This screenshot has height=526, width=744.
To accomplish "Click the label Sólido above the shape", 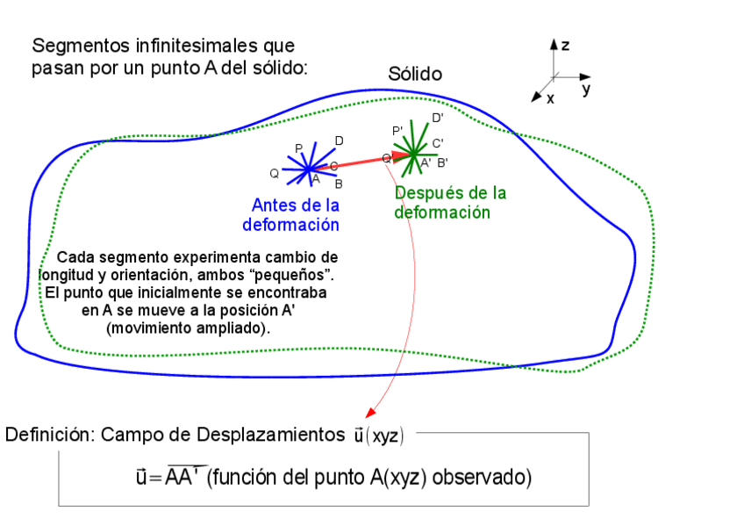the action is [415, 75].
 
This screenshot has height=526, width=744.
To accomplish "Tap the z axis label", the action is [566, 45].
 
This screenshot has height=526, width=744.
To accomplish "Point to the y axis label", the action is [585, 89].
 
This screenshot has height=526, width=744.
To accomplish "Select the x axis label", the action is [551, 99].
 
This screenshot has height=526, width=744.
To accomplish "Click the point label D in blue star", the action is [339, 141].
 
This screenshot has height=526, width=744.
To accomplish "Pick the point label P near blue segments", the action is [298, 148].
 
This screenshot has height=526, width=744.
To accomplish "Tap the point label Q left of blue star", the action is [275, 174].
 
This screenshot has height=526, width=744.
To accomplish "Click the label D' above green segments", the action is [437, 118].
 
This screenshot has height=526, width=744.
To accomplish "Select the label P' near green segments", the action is [397, 131].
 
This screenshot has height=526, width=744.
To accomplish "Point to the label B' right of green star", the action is [442, 162].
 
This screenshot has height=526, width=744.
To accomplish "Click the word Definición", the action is [49, 435].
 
